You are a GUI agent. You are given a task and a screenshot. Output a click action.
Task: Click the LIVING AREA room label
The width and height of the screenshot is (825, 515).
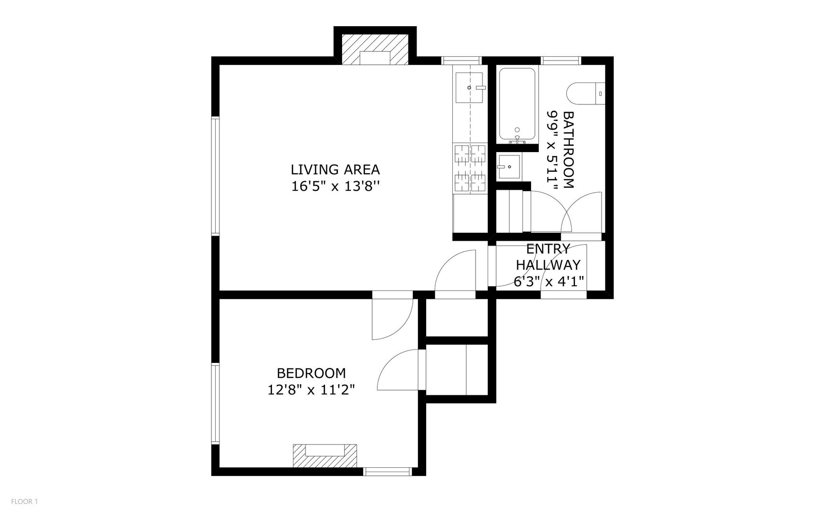coord(335,169)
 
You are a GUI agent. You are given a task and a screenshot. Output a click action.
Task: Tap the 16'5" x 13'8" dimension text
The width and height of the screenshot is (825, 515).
coord(335,186)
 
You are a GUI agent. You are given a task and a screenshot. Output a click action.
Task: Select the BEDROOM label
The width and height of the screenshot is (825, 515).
coord(311,373)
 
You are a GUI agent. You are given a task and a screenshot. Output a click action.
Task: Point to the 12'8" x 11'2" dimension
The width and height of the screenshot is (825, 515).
coord(311,390)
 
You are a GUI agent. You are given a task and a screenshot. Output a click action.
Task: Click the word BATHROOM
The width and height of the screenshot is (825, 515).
coord(568,150)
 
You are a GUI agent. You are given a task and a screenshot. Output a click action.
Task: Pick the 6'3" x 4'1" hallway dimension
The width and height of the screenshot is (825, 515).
coord(549,282)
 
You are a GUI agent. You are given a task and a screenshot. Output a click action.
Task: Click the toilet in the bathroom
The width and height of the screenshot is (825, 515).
coord(585,94)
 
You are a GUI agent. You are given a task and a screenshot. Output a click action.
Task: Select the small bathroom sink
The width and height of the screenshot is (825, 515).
coord(509,166)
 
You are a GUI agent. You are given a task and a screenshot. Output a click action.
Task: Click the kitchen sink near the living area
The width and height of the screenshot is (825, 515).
coord(470,88)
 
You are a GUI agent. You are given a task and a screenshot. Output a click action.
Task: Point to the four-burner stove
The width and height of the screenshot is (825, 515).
coord(470,169)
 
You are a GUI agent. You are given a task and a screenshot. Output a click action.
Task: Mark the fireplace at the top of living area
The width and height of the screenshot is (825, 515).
coord(375,49)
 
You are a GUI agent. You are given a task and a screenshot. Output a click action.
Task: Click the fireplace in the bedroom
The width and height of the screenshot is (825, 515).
coord(325,456)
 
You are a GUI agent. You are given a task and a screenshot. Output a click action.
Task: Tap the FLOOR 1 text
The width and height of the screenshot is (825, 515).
coord(24,501)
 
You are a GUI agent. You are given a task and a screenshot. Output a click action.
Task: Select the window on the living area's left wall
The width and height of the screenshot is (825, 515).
coord(215,176)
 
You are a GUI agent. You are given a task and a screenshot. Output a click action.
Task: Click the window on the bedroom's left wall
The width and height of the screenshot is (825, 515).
coord(215,404)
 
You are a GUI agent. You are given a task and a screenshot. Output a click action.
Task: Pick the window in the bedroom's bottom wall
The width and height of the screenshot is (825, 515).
coord(387,472)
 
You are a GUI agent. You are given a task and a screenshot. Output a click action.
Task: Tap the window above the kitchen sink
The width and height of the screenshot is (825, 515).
coord(461,61)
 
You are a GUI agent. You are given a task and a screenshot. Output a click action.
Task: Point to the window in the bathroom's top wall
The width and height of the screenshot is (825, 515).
coord(561,61)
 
